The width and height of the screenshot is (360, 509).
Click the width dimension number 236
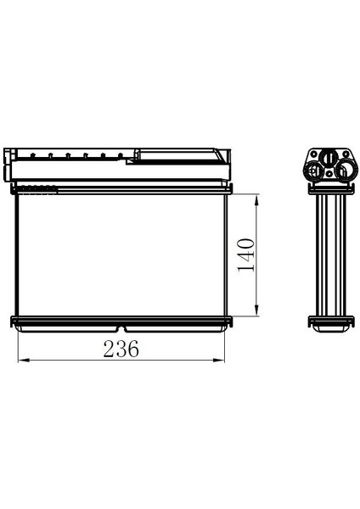point(121,348)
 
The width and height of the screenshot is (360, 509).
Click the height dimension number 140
point(246,255)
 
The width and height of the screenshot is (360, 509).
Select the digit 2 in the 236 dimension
point(109,348)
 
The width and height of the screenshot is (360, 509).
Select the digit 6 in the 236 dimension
point(133,348)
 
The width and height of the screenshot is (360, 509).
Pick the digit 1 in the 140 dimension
point(246,267)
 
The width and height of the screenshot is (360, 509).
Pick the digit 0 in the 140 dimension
point(246,243)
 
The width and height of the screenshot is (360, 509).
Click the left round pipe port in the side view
point(315,171)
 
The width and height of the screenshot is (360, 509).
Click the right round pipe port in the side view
point(343,172)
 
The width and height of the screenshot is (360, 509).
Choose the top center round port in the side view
point(328,158)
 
